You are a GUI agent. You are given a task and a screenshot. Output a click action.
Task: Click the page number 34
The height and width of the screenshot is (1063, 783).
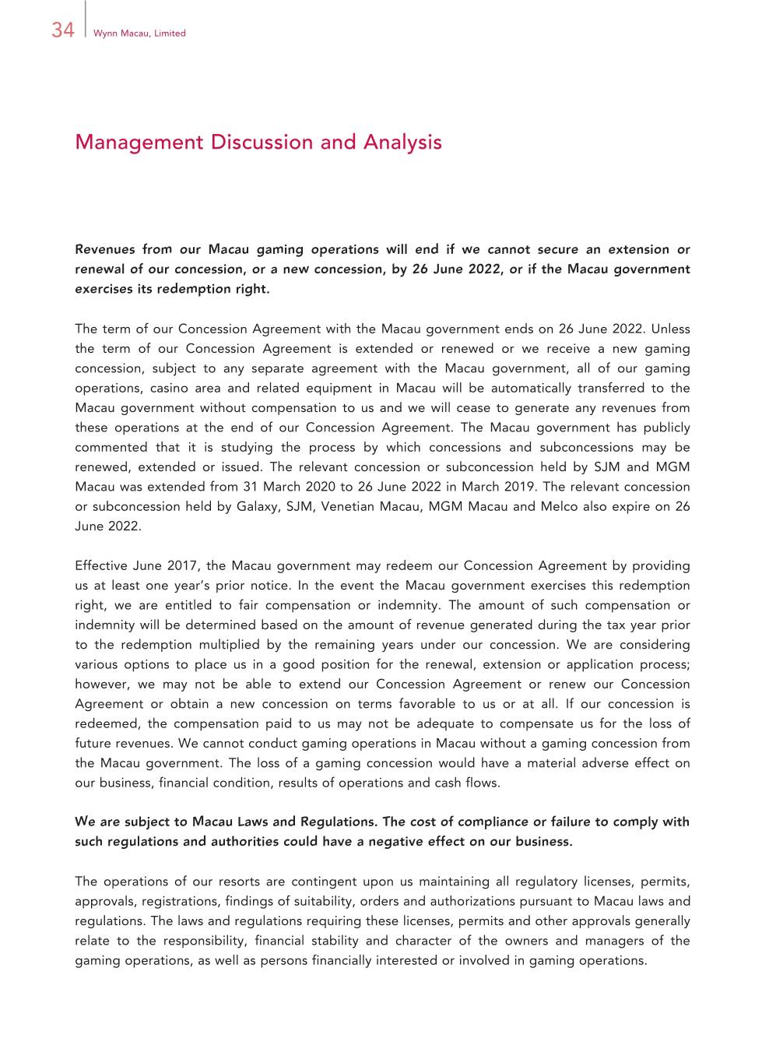tap(63, 30)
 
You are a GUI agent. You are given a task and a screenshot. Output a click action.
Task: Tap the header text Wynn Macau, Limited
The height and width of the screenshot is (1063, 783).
tap(139, 33)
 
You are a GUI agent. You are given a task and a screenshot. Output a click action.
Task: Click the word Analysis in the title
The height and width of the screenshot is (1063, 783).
tap(402, 143)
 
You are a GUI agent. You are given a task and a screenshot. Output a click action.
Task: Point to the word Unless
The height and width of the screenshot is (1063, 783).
tap(670, 329)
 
